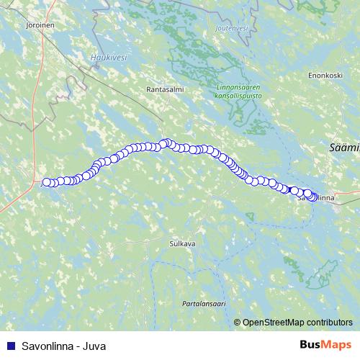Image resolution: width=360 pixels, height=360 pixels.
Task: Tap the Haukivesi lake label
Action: tap(106, 56)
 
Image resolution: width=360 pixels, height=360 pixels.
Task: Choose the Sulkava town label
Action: tap(182, 244)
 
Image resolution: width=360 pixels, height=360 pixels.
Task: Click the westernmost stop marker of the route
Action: tap(47, 182)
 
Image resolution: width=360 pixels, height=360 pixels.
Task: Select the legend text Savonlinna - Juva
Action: tap(64, 346)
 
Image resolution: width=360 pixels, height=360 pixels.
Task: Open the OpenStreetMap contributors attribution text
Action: tap(297, 323)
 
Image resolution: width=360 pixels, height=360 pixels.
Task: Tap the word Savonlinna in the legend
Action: tap(48, 346)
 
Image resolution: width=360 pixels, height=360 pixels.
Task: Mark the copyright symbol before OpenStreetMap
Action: tap(237, 323)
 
